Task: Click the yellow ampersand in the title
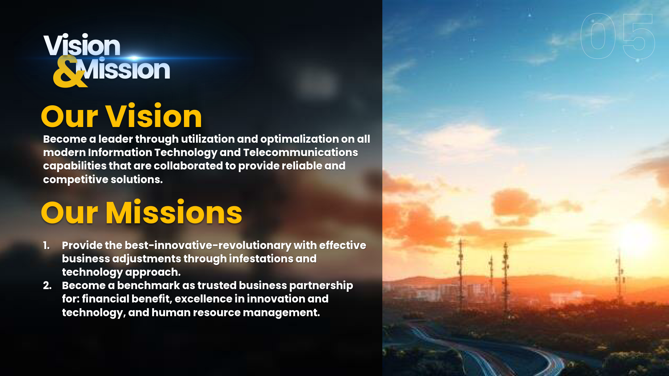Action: tap(69, 72)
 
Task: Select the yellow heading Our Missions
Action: tap(141, 213)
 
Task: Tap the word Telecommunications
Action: tap(300, 152)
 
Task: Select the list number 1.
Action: tap(46, 246)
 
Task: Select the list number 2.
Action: tap(47, 285)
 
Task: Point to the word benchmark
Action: tap(149, 285)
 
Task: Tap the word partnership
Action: tap(321, 286)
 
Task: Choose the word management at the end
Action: tap(281, 312)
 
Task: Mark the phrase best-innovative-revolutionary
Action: tap(208, 245)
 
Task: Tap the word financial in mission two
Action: tap(105, 299)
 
